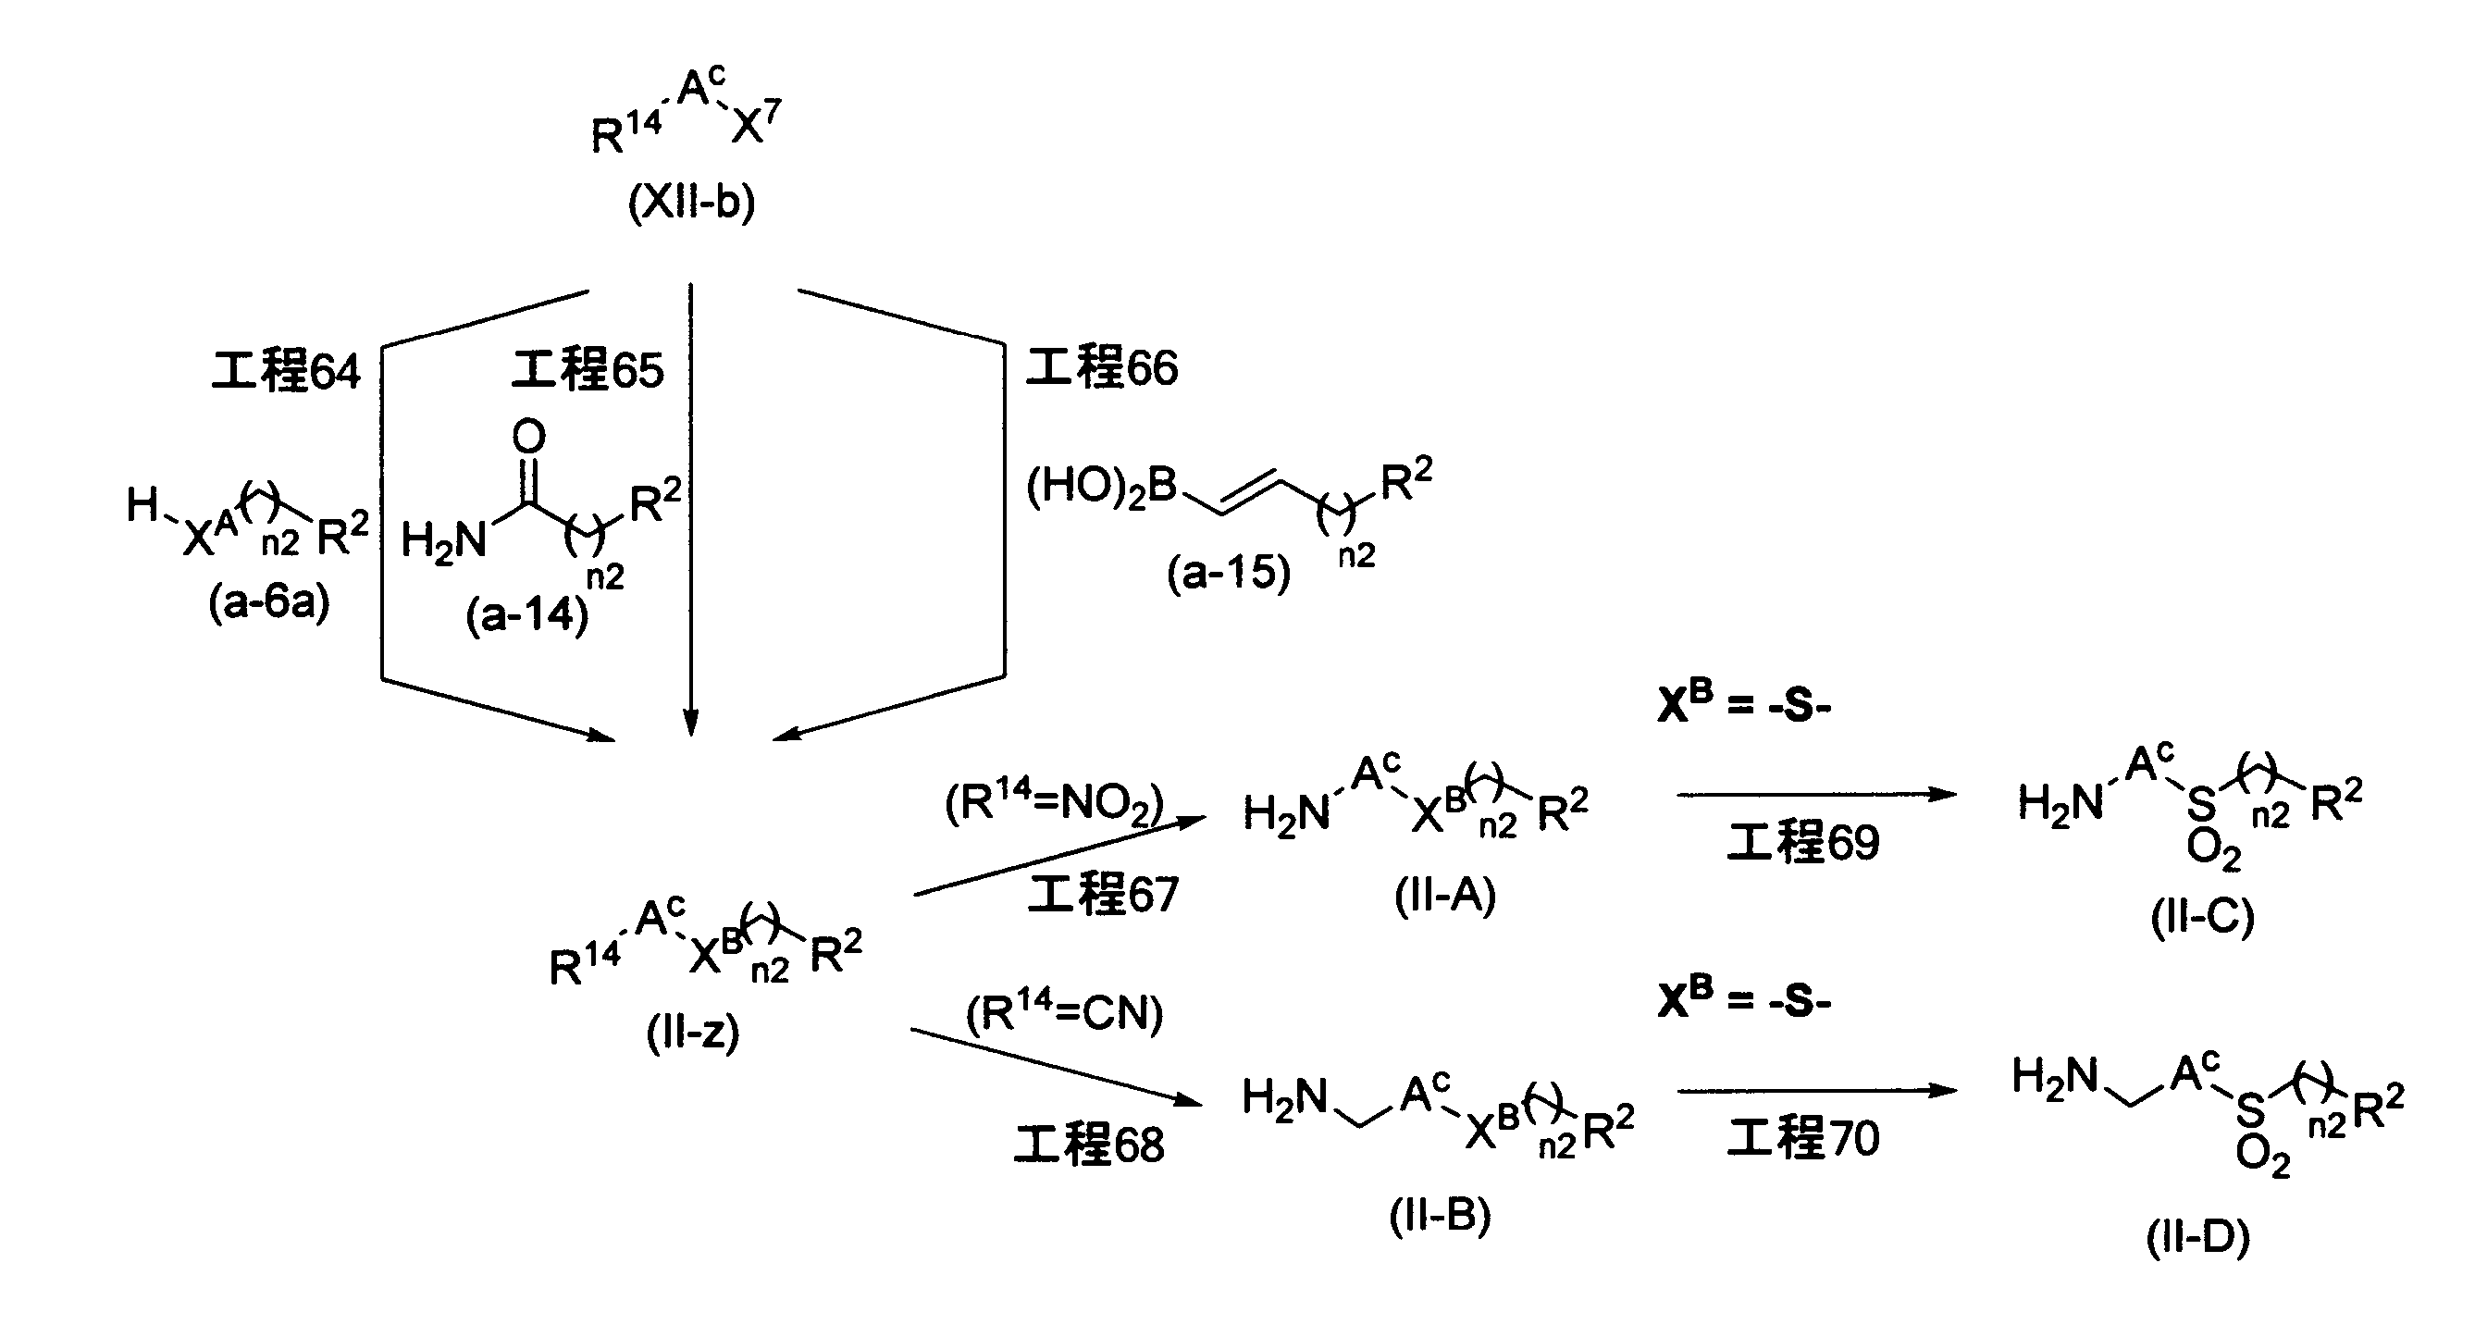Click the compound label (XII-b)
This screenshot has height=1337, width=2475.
point(692,203)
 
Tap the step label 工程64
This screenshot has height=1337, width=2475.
point(286,371)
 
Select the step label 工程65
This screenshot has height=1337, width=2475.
point(587,370)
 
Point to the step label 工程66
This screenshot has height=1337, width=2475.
point(1102,367)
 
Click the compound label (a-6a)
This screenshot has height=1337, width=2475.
point(269,603)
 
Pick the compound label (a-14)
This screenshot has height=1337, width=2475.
point(526,614)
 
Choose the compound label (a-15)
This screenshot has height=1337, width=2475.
point(1229,574)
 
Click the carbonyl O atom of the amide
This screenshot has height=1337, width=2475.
point(528,437)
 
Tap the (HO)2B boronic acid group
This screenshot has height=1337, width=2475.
point(1102,487)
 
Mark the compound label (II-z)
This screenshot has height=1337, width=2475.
point(693,1034)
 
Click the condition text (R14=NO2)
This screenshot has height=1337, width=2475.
point(1055,803)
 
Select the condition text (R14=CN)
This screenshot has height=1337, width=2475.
point(1065,1012)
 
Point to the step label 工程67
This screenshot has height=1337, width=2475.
point(1103,893)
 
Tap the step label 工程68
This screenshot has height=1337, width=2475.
point(1090,1144)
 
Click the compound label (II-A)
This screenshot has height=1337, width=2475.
point(1445,898)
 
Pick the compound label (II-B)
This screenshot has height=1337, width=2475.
point(1441,1216)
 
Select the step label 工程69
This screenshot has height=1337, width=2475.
point(1803,842)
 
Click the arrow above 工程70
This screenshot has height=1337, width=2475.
point(1818,1090)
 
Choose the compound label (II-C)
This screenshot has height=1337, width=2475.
point(2202,917)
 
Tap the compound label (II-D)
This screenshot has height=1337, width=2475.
point(2198,1237)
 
